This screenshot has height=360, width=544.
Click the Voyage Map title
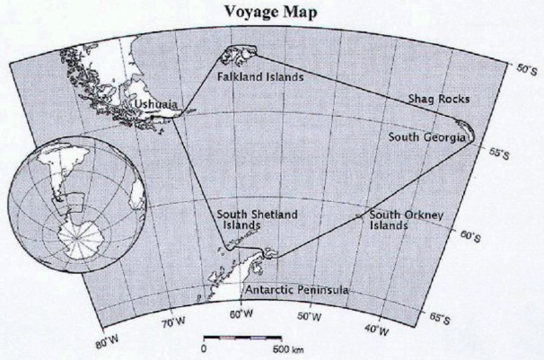click(273, 12)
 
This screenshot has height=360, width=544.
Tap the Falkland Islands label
click(260, 77)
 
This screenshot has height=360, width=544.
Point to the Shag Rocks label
click(439, 98)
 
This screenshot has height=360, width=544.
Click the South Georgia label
click(427, 137)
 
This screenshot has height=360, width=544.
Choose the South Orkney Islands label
click(401, 220)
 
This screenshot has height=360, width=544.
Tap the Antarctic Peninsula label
click(297, 291)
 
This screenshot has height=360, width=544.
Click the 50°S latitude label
click(524, 68)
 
